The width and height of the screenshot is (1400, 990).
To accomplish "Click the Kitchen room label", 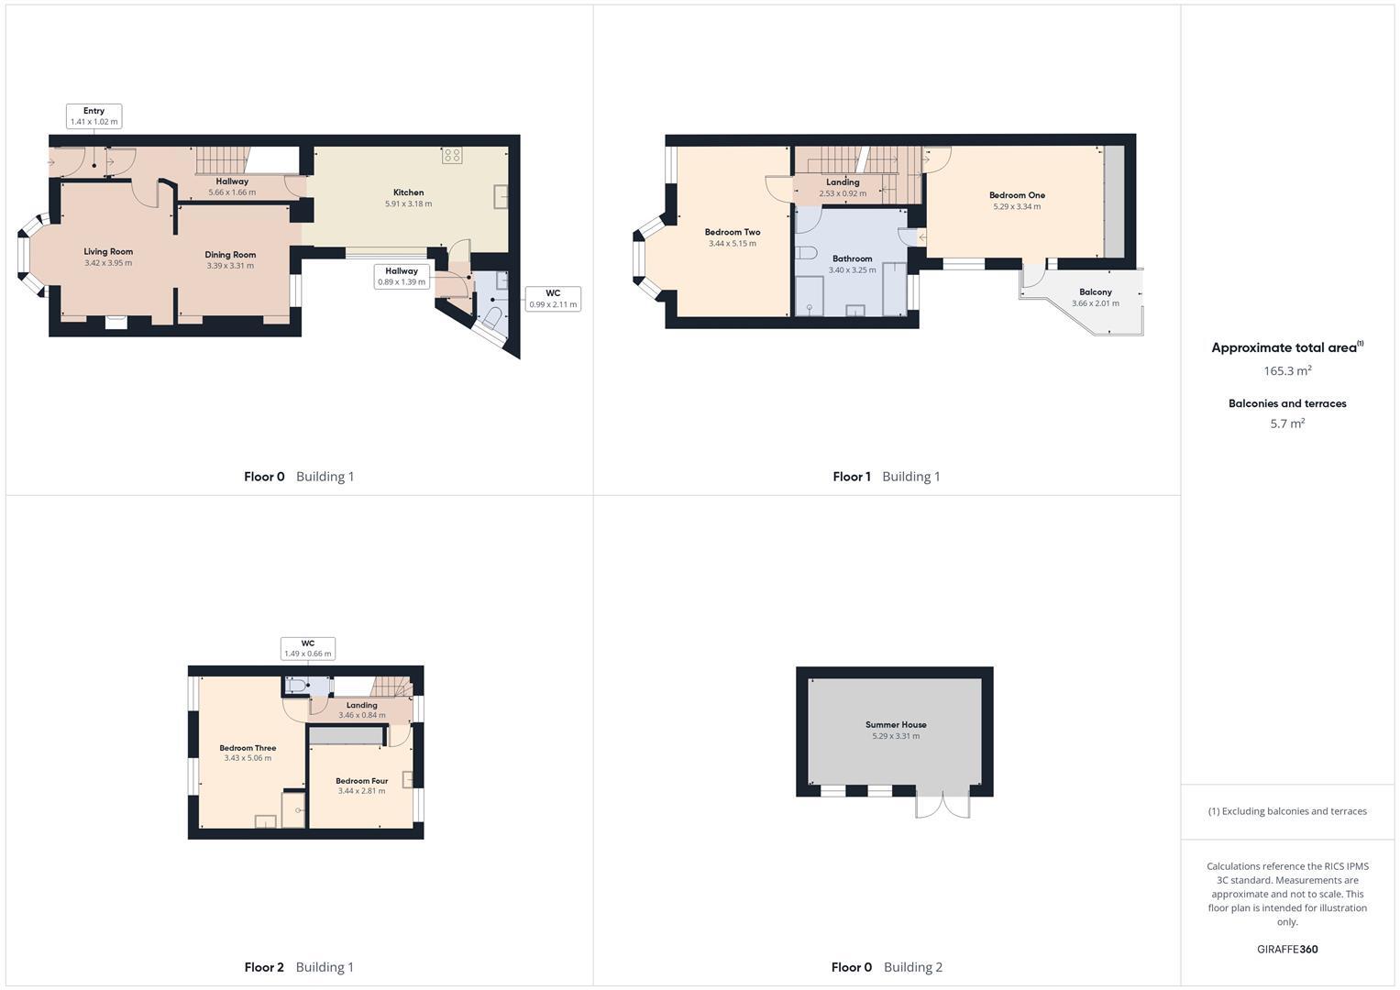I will pyautogui.click(x=408, y=192).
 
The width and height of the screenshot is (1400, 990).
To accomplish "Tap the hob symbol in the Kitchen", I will pyautogui.click(x=452, y=156).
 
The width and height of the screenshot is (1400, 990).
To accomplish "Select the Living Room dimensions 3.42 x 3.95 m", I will pyautogui.click(x=108, y=263).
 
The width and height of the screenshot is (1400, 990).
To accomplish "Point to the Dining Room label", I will pyautogui.click(x=230, y=255).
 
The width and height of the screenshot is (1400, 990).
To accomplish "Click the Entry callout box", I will pyautogui.click(x=94, y=116).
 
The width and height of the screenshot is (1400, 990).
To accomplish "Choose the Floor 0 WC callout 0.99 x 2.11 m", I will pyautogui.click(x=553, y=299).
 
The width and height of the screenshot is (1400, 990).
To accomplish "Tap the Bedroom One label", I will pyautogui.click(x=1017, y=195).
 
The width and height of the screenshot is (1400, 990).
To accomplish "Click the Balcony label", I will pyautogui.click(x=1095, y=292).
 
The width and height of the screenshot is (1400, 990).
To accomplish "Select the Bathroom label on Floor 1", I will pyautogui.click(x=852, y=258).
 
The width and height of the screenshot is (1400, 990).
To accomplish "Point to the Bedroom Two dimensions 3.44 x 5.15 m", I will pyautogui.click(x=733, y=244).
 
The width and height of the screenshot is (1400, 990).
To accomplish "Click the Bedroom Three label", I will pyautogui.click(x=248, y=748).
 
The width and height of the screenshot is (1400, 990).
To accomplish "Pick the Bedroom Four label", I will pyautogui.click(x=361, y=781).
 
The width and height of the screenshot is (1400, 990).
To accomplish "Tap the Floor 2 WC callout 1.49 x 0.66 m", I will pyautogui.click(x=308, y=648).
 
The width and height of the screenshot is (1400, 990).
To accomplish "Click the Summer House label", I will pyautogui.click(x=896, y=725).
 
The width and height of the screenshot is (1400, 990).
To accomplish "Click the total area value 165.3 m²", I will pyautogui.click(x=1287, y=371).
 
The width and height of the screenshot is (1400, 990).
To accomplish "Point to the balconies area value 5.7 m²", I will pyautogui.click(x=1287, y=423).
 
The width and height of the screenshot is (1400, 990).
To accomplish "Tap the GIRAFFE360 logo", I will pyautogui.click(x=1287, y=950).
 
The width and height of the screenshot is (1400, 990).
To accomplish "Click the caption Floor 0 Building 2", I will pyautogui.click(x=887, y=967).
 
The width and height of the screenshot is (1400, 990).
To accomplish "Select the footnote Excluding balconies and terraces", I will pyautogui.click(x=1287, y=811).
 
